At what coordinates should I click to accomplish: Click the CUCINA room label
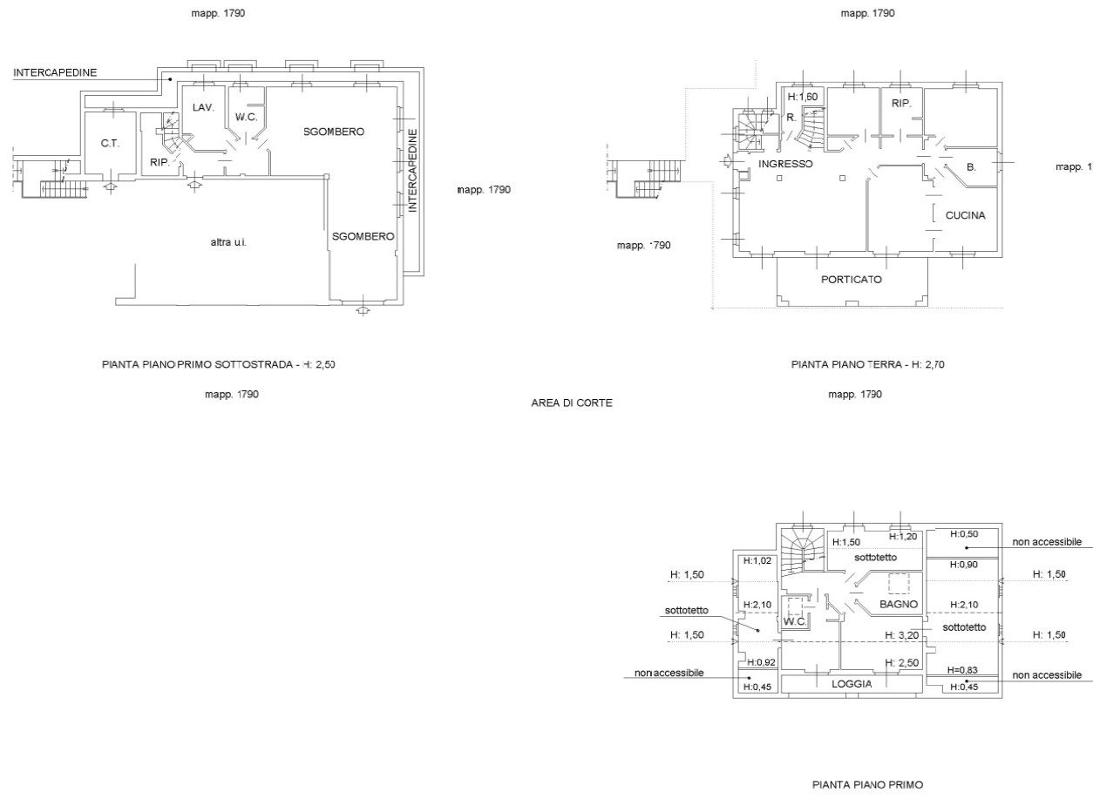point(965,215)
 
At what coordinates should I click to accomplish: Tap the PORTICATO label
point(852,280)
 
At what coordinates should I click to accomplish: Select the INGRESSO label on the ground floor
point(785,164)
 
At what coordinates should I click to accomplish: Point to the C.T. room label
point(110,143)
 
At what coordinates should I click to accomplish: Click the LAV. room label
point(203,107)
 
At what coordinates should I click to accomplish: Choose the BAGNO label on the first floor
point(899,604)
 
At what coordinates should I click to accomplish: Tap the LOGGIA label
point(852,684)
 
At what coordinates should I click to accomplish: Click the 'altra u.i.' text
point(228,242)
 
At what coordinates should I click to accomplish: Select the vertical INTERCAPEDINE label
point(413,170)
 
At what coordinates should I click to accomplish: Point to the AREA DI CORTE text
point(572,403)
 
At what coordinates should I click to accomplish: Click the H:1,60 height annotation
point(802,97)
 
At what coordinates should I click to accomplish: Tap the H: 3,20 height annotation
point(902,635)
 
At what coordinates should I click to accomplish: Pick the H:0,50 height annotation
point(964,534)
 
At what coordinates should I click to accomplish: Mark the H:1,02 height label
point(757,560)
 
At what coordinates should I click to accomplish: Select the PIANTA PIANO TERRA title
point(846,364)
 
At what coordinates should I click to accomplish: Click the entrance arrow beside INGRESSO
point(725,161)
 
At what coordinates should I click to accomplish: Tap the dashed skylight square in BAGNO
point(899,584)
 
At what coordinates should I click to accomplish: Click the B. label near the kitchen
point(971,166)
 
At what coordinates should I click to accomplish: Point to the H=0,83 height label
point(962,670)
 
